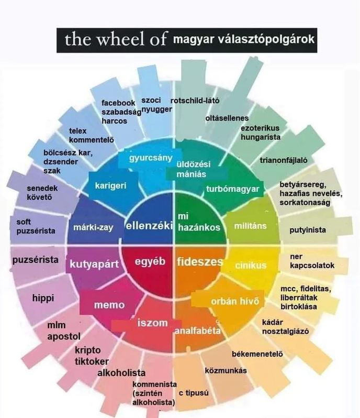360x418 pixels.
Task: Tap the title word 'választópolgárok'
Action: [x=266, y=39]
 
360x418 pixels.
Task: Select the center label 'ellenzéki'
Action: [x=149, y=226]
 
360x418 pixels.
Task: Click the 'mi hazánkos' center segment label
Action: [x=199, y=222]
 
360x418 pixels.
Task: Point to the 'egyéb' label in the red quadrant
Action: [x=150, y=261]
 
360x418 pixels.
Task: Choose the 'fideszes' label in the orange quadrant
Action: [x=200, y=261]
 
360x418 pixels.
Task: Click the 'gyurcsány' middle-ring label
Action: [x=151, y=158]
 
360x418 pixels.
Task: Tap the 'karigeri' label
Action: [x=110, y=185]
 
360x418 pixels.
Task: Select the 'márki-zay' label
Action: [x=93, y=227]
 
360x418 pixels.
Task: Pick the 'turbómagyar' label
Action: [x=232, y=189]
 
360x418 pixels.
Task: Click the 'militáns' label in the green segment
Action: [x=250, y=226]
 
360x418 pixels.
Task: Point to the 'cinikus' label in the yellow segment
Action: [x=251, y=265]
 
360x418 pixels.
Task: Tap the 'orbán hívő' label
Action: [x=235, y=301]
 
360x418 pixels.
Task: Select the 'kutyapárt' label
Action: [x=94, y=264]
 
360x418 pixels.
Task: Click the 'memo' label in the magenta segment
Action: [x=109, y=305]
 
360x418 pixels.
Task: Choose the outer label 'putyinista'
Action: [x=308, y=230]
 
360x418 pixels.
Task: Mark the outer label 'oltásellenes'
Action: [x=227, y=118]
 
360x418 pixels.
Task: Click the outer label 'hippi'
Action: [x=43, y=298]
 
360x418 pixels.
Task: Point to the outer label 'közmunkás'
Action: [x=226, y=370]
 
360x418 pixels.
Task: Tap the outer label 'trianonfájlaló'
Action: [x=284, y=160]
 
